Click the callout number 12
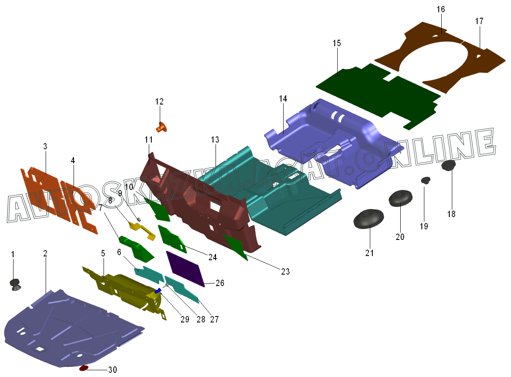pyautogui.click(x=159, y=102)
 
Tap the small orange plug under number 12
pyautogui.click(x=161, y=126)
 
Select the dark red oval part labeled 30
pyautogui.click(x=84, y=368)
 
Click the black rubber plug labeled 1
pyautogui.click(x=16, y=284)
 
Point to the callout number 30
pyautogui.click(x=112, y=370)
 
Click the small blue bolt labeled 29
pyautogui.click(x=158, y=291)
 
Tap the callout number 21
pyautogui.click(x=370, y=253)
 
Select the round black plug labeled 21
pyautogui.click(x=368, y=218)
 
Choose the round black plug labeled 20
pyautogui.click(x=399, y=198)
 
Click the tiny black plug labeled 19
pyautogui.click(x=425, y=181)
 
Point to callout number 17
pyautogui.click(x=479, y=21)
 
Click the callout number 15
pyautogui.click(x=336, y=43)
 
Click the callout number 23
pyautogui.click(x=285, y=272)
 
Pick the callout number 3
pyautogui.click(x=45, y=146)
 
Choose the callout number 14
pyautogui.click(x=283, y=99)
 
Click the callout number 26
pyautogui.click(x=220, y=283)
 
